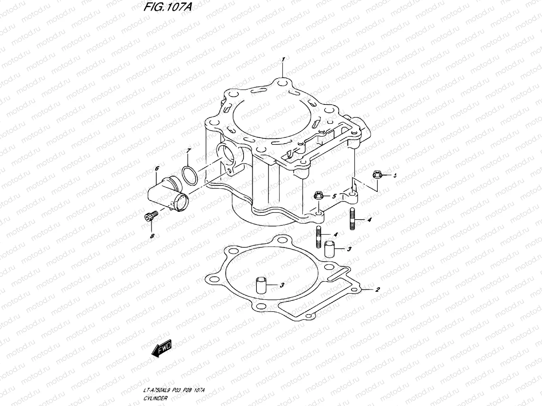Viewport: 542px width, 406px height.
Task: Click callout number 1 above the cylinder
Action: point(283,60)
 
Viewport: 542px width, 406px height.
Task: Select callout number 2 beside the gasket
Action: point(377,290)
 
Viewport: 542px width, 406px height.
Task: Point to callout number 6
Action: point(157,168)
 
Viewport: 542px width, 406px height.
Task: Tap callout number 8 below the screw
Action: point(152,235)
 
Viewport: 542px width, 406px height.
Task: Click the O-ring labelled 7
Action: point(190,175)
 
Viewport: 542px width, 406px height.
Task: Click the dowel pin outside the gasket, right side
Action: point(330,249)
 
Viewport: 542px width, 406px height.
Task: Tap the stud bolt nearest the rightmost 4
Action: point(352,220)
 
